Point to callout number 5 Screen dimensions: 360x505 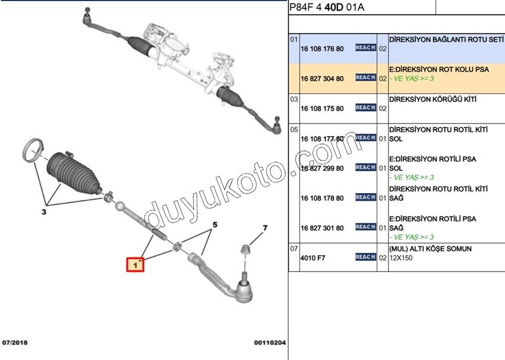[x=214, y=225]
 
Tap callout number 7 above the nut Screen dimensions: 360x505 [x=265, y=228]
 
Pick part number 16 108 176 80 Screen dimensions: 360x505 [x=322, y=48]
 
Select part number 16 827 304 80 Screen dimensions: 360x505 [x=322, y=78]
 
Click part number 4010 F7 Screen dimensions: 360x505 [x=313, y=258]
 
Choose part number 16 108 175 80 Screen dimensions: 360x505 [x=322, y=109]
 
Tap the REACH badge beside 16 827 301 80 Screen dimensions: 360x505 [x=365, y=227]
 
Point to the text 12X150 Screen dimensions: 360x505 [x=402, y=258]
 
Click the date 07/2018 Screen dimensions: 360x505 [x=15, y=343]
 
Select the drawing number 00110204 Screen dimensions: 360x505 [x=270, y=343]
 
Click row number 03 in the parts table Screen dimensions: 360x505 [x=293, y=99]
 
